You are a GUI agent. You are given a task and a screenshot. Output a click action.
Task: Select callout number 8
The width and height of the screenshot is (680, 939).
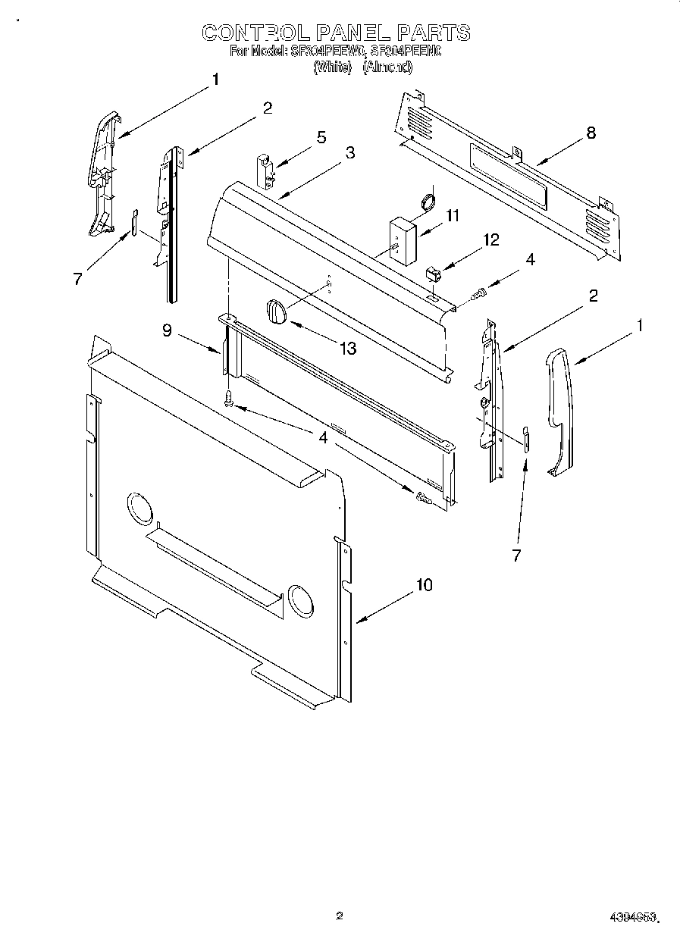591,133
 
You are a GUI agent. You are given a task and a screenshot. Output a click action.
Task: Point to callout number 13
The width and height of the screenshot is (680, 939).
348,349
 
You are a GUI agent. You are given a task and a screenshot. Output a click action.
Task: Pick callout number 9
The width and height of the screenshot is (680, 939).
167,330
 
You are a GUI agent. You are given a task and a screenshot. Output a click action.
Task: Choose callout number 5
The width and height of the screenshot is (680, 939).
321,137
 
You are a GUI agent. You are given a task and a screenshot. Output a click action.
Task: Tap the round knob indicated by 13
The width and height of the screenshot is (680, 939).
277,311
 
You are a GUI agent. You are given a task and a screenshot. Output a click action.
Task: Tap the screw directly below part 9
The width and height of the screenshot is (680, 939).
228,399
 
